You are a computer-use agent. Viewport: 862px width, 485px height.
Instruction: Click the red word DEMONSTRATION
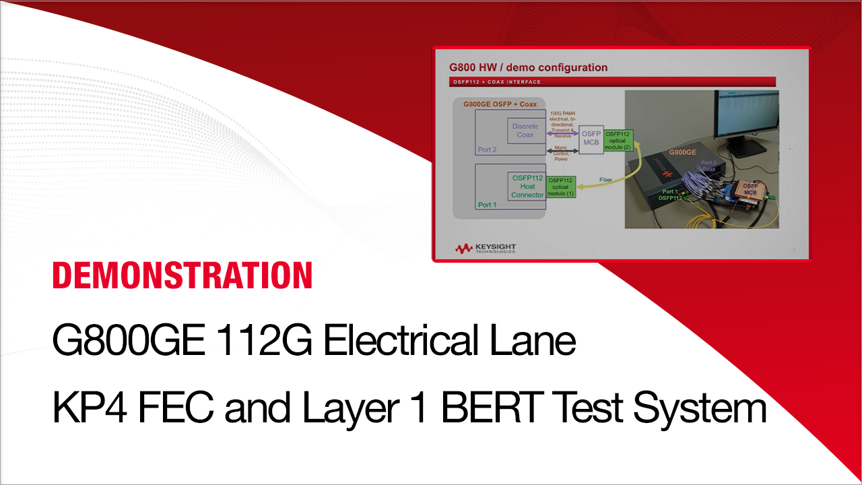[x=183, y=276]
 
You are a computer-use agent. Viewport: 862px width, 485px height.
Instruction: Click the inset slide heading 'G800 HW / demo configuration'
[x=528, y=67]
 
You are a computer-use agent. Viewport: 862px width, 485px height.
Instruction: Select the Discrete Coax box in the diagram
[x=525, y=131]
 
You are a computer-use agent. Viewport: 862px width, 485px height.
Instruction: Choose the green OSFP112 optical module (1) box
[x=560, y=187]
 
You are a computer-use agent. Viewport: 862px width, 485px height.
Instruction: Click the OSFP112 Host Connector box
[x=527, y=186]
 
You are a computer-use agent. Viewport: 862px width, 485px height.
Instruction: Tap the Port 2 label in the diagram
[x=487, y=150]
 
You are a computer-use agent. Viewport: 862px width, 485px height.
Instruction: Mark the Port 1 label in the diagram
[x=486, y=204]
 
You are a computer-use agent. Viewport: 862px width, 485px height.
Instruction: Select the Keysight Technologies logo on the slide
[x=486, y=249]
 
